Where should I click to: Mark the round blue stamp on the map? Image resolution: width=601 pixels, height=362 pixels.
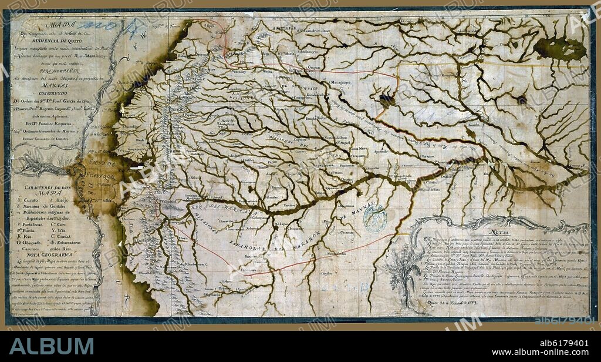(375, 218)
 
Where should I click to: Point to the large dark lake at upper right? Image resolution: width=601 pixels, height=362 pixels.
(560, 48)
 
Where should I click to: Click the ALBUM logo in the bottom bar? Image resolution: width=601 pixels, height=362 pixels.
(51, 345)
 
